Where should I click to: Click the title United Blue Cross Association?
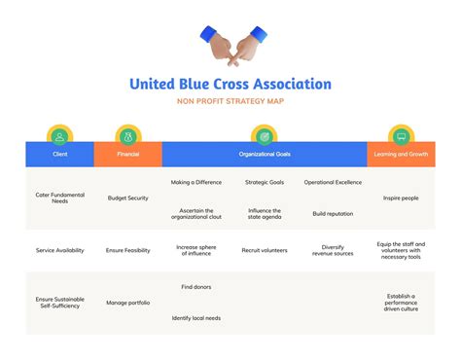230,85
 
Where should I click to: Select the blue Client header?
59,154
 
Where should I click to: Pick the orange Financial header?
127,154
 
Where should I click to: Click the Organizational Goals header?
264,154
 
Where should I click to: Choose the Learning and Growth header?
401,154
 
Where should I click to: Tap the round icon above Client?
59,135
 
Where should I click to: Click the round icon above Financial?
127,135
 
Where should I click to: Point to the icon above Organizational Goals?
264,135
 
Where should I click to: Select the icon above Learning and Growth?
401,135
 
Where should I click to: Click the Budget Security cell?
127,198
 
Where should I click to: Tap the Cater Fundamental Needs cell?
59,198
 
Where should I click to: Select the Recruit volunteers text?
264,250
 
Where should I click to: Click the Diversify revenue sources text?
334,250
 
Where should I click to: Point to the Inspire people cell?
401,198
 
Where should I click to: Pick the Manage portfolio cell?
127,303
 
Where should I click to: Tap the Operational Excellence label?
334,182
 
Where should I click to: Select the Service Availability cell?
59,250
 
